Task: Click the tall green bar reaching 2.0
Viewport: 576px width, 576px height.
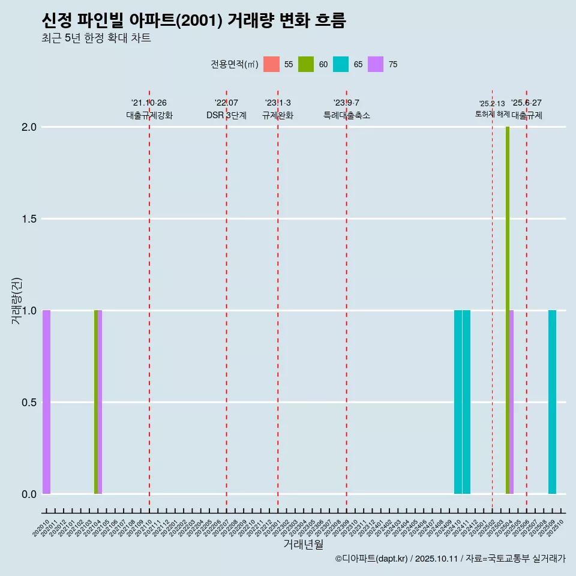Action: coord(508,310)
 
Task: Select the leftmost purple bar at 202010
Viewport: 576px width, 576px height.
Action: coord(46,402)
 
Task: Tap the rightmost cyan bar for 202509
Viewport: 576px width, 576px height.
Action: coord(552,402)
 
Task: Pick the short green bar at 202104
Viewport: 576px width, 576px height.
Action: coord(96,402)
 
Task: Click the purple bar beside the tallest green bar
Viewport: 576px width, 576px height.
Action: coord(512,402)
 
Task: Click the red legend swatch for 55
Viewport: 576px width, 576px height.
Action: coord(271,64)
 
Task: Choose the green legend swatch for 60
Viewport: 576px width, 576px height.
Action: coord(306,64)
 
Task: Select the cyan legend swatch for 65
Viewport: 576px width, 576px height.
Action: coord(341,64)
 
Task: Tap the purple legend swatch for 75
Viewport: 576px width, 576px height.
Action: coord(376,64)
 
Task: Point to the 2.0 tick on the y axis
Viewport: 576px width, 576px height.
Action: coord(29,127)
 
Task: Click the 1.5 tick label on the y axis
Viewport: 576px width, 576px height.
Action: coord(29,219)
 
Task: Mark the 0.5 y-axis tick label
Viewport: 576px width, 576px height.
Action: coord(29,403)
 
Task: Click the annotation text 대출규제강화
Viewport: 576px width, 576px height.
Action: coord(149,115)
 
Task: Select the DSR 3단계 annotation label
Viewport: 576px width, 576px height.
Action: coord(226,115)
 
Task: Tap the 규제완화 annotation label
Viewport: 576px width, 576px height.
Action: coord(278,115)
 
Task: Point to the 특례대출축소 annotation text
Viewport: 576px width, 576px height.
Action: coord(347,115)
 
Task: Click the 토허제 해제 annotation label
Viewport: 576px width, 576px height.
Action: coord(492,113)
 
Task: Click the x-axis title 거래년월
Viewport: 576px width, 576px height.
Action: coord(303,545)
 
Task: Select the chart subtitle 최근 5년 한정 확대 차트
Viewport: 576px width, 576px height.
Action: coord(96,38)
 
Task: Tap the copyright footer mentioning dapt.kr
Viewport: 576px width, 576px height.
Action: coord(450,559)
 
